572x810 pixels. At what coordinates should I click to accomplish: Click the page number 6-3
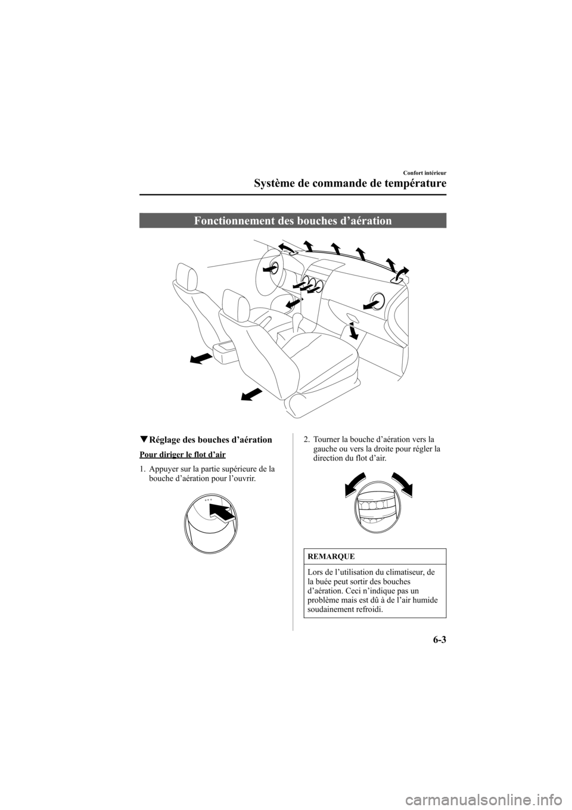pos(436,642)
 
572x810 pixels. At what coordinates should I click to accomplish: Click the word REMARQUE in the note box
pos(331,557)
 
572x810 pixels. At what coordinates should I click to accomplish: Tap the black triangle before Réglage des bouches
pos(143,440)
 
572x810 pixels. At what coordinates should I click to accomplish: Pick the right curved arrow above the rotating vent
pos(401,482)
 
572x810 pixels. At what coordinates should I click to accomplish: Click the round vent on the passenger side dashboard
pos(377,300)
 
